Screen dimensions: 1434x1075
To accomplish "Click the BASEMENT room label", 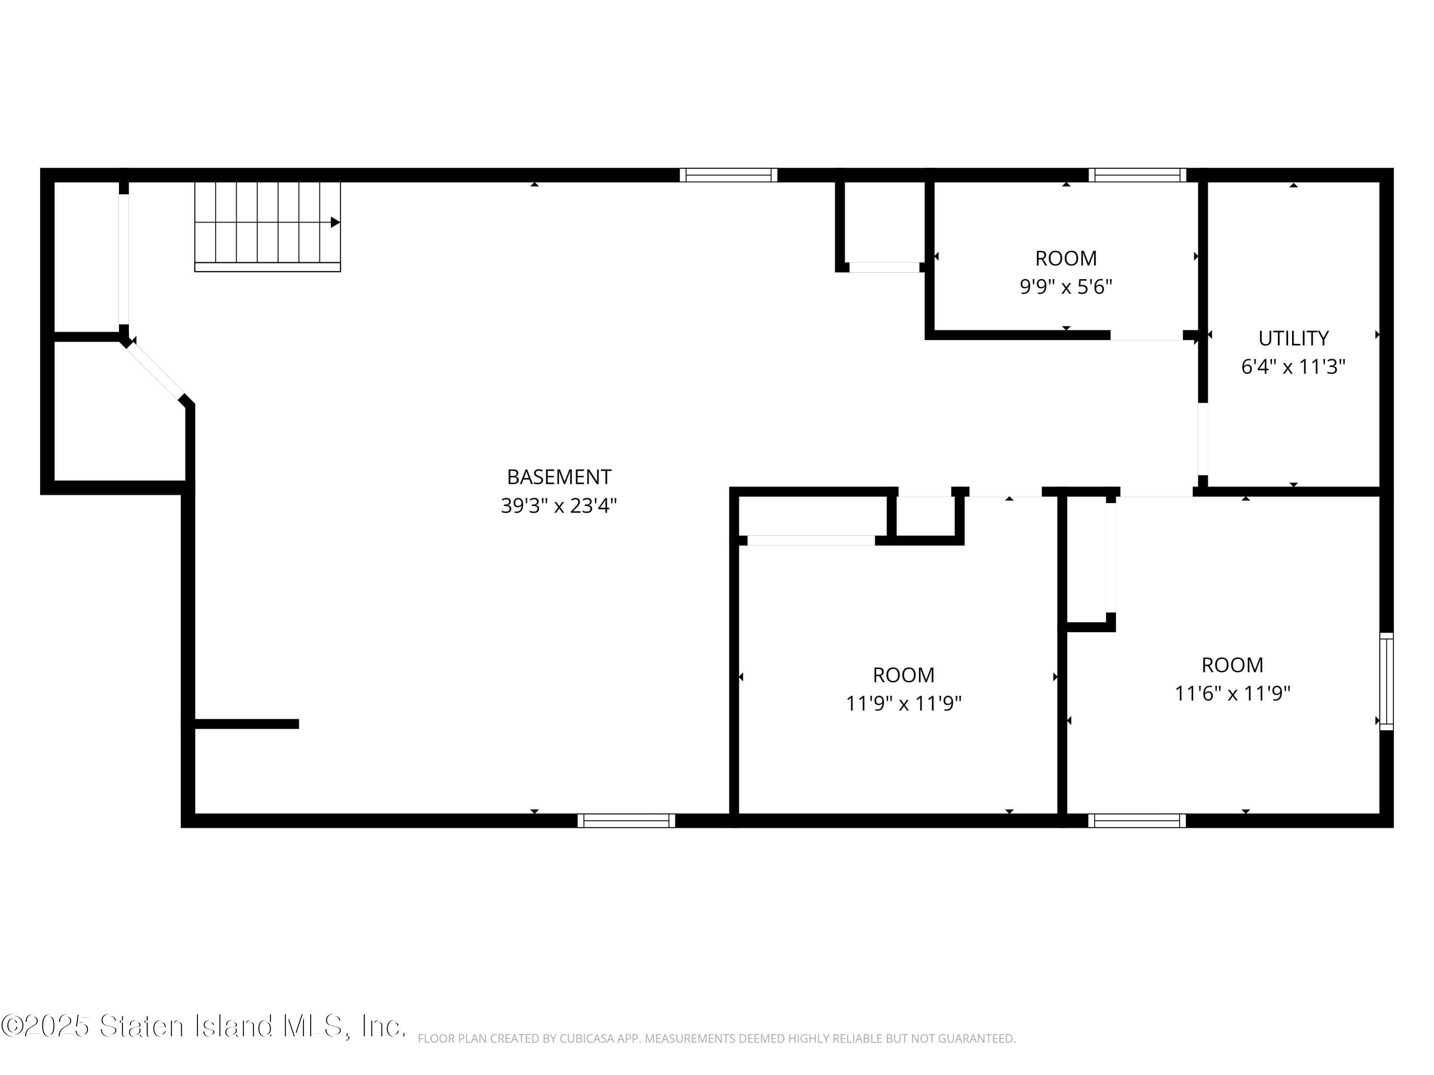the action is (559, 477).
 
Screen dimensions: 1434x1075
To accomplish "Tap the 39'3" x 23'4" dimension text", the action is (559, 505).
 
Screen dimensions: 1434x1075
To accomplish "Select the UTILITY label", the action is (1293, 338).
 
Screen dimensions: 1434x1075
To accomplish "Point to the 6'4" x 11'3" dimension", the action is (1293, 367).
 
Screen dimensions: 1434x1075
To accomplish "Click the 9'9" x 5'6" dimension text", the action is (1066, 286).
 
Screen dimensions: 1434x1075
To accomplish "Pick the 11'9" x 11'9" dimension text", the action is (904, 703).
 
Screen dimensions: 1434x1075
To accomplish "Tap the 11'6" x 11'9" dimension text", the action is (1232, 693).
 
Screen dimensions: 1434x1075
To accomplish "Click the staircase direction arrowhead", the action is (335, 222).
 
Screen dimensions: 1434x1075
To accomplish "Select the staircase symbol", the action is (268, 226).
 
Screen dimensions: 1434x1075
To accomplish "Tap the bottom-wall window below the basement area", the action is (626, 820).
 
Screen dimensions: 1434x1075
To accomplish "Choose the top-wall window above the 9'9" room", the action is (1137, 175).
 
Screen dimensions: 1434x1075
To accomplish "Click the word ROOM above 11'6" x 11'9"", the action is (1232, 665).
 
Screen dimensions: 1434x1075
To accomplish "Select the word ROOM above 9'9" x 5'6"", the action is (1066, 258).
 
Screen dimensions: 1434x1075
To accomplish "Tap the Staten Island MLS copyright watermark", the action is (204, 1026).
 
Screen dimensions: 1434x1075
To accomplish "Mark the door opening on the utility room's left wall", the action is (1203, 440).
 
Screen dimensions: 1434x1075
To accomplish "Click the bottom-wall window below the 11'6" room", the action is (1137, 820).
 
